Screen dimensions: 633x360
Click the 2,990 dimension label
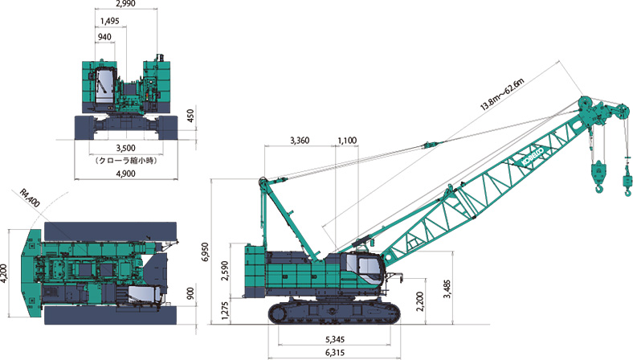click(x=125, y=4)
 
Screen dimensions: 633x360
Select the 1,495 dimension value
click(x=110, y=21)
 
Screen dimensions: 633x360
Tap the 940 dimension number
click(x=104, y=37)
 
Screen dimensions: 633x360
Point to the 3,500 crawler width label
click(x=125, y=148)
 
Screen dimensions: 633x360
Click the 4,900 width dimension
click(x=125, y=174)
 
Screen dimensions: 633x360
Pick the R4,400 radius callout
click(x=30, y=198)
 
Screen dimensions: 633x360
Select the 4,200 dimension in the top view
click(x=4, y=273)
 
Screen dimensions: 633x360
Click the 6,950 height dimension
click(x=205, y=252)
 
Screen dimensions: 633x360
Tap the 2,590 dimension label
click(x=225, y=271)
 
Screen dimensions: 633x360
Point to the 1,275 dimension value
click(x=225, y=310)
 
